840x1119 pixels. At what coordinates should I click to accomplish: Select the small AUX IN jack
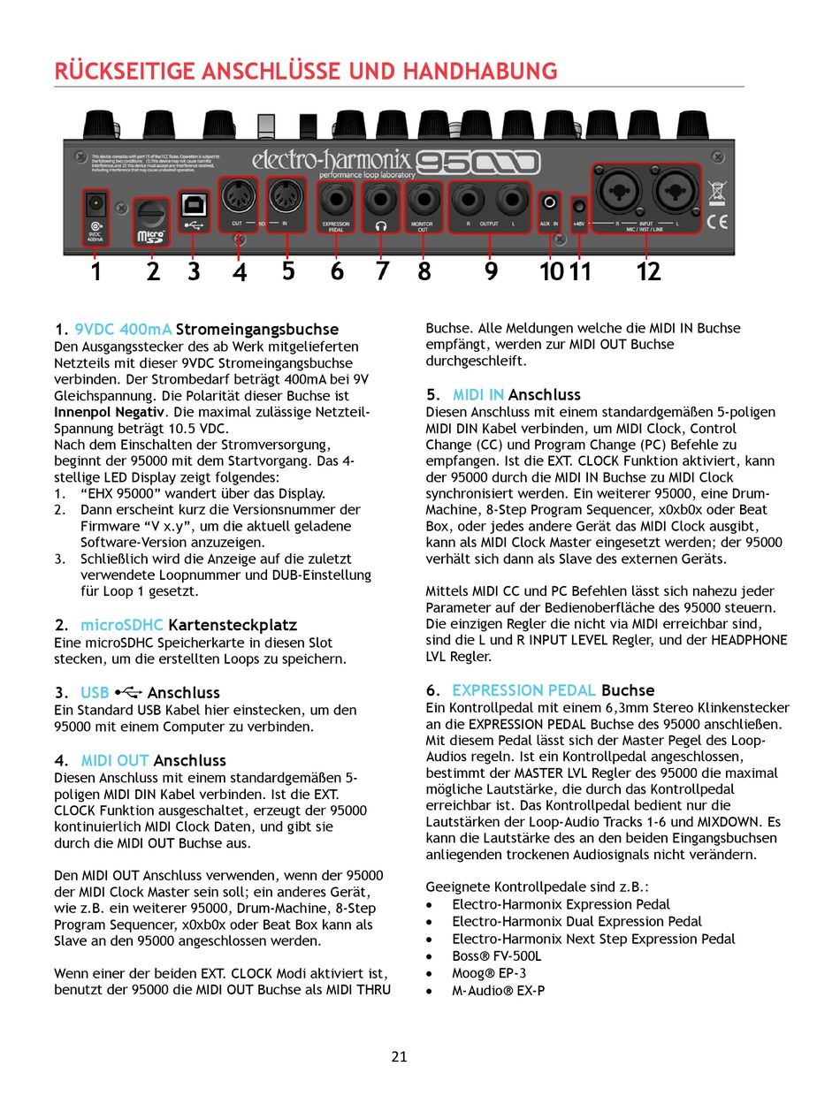coord(551,203)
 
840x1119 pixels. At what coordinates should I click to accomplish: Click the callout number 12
coord(648,271)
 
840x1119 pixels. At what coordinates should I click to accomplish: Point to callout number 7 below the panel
coord(382,270)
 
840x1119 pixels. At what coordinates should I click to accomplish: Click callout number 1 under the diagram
coord(95,271)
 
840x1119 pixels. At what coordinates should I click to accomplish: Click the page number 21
coord(399,1056)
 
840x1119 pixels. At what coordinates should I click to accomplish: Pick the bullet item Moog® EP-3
coord(489,972)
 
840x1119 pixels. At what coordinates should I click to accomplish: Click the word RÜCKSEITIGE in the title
coord(118,72)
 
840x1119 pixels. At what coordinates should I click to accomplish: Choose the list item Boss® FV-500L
coord(496,955)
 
